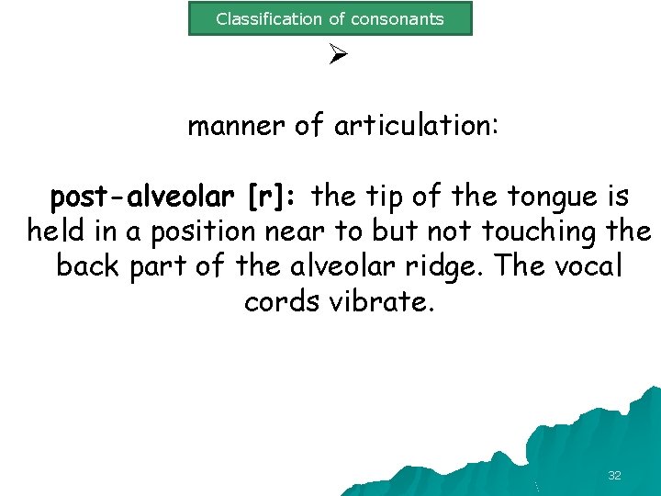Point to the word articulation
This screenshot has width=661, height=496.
coord(417,125)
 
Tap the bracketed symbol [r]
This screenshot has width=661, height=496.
coord(272,197)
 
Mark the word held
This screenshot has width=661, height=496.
coord(56,231)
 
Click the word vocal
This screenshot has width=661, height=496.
coord(584,266)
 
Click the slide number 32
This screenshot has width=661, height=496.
coord(614,476)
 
